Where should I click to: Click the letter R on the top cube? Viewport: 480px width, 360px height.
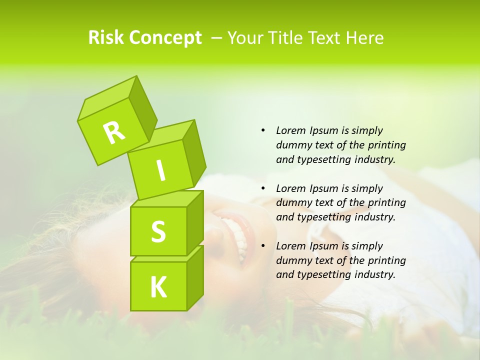(x=114, y=132)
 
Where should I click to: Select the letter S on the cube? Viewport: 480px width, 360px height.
(x=158, y=231)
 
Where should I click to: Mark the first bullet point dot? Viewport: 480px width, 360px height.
(x=263, y=130)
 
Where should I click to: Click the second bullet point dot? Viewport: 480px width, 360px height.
(x=263, y=188)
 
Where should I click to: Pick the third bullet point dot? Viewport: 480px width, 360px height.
(x=263, y=246)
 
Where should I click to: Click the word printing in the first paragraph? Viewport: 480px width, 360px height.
(x=387, y=145)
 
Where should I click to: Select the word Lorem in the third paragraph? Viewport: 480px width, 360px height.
(x=289, y=246)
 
